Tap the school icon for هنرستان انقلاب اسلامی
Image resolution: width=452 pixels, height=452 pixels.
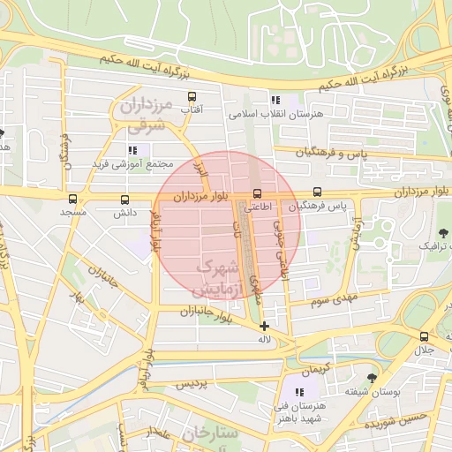click(275, 100)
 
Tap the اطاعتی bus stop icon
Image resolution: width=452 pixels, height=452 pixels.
click(258, 192)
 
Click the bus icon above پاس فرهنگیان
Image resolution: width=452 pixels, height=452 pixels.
click(317, 192)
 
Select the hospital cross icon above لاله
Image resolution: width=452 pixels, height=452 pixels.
click(263, 326)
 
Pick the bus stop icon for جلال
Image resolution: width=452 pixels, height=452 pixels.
click(425, 336)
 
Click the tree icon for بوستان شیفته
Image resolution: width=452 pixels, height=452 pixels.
click(372, 375)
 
